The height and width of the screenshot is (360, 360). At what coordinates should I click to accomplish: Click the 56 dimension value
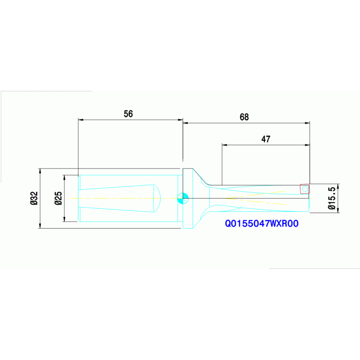128,114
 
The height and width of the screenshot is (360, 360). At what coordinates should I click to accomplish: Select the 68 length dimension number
244,117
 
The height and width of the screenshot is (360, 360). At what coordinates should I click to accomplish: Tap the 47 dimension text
266,139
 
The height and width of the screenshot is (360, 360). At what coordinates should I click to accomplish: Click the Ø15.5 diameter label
331,198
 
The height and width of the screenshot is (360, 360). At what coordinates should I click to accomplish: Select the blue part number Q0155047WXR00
262,224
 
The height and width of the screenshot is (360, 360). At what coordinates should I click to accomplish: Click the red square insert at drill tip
305,189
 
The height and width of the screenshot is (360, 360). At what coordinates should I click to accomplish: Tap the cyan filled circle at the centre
183,198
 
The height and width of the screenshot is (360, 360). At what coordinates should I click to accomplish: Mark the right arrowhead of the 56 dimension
180,120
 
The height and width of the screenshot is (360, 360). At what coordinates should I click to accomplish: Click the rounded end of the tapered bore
158,198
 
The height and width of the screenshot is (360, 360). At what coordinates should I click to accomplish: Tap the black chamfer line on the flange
200,176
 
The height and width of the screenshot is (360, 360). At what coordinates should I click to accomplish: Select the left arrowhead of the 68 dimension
185,123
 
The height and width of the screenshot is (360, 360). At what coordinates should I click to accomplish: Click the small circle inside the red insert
305,189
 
